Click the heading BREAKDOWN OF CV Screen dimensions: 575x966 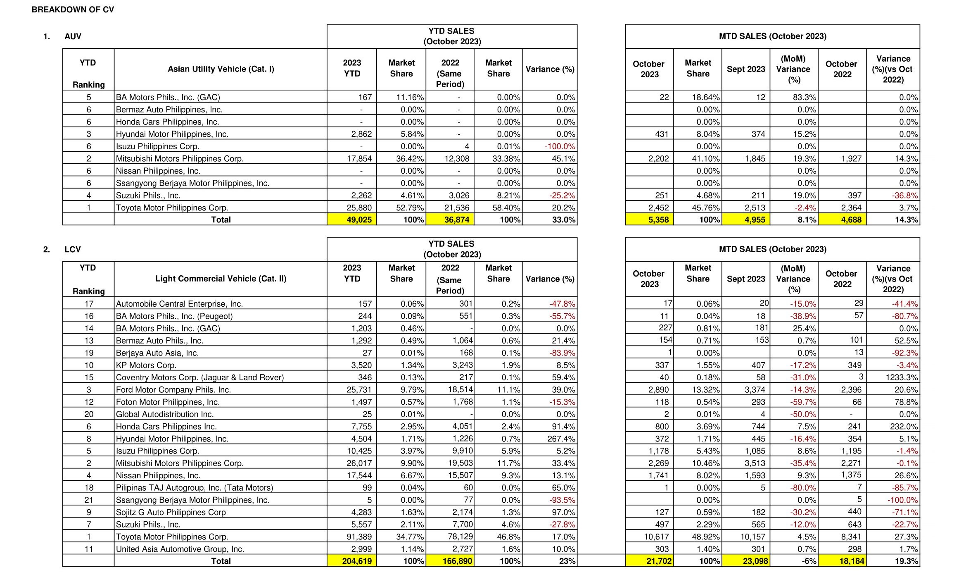(73, 10)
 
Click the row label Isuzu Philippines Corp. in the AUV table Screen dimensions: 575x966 (157, 146)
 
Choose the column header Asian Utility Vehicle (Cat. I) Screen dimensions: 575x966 (221, 69)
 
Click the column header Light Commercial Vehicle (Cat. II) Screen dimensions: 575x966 (221, 279)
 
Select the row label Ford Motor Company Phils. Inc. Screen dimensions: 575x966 (173, 390)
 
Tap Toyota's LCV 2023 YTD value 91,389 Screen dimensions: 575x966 (359, 537)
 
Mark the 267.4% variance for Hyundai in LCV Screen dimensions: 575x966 (561, 439)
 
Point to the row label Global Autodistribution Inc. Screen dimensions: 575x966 (164, 414)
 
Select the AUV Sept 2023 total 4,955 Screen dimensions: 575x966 (755, 220)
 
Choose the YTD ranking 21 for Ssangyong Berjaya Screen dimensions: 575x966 (89, 500)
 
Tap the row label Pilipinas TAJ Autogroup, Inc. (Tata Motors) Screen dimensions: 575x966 (194, 488)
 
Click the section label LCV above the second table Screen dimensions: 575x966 (73, 249)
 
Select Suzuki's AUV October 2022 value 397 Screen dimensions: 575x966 (854, 196)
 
